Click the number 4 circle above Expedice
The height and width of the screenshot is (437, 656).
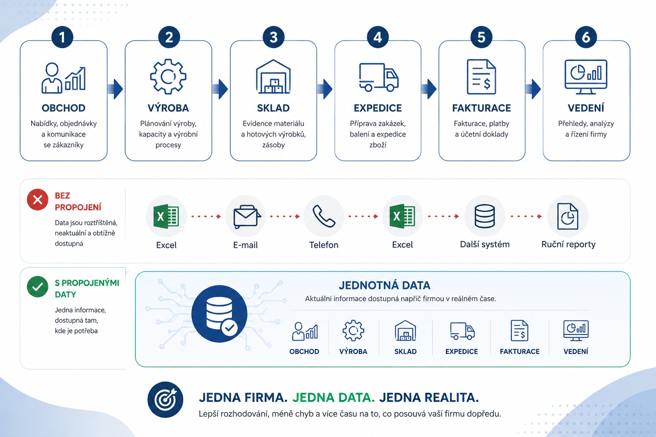pos(378,37)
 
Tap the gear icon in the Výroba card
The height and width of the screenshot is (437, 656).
pos(168,76)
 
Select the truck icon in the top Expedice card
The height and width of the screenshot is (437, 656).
pos(379,77)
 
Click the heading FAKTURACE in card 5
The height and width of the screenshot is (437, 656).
pos(481,108)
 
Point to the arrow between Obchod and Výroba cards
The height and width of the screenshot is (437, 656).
pos(115,89)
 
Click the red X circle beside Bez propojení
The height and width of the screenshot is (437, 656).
pos(38,200)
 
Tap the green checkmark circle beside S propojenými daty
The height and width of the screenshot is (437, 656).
pos(38,286)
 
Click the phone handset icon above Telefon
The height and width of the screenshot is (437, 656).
pos(324,216)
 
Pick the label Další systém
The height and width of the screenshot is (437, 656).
pos(485,244)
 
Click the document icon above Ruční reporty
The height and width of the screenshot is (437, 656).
pos(568,216)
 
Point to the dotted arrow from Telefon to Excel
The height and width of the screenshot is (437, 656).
pos(363,216)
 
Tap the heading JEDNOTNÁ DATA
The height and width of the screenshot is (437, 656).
pos(384,285)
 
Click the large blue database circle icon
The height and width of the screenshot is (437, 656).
pos(220,314)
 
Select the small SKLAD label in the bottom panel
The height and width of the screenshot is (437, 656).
pos(405,351)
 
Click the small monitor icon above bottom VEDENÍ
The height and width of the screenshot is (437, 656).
pos(576,330)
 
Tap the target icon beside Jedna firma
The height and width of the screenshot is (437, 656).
pos(165,399)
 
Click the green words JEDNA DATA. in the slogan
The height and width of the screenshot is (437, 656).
pos(334,397)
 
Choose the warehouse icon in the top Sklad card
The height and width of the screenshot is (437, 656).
pos(273,77)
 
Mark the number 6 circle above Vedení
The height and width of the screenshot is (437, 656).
pos(586,37)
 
